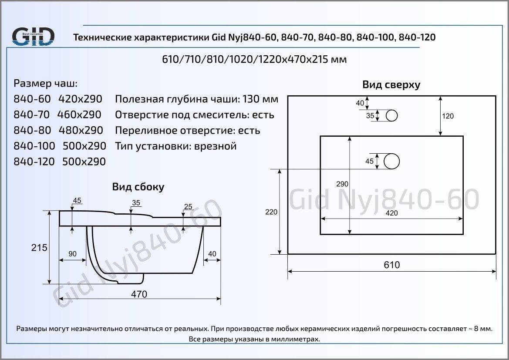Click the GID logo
pos(33,36)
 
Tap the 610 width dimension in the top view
pos(392,265)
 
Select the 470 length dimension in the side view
pos(139,294)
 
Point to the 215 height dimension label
pos(39,248)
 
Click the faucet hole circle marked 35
pos(392,115)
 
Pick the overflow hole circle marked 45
pos(391,161)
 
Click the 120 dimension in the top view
pos(448,116)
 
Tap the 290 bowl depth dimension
pos(342,184)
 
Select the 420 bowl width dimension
pos(391,213)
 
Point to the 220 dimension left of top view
pos(271,212)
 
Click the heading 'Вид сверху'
pos(391,85)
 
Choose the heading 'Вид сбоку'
pos(138,187)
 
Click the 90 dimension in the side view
pos(72,253)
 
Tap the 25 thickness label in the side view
pos(188,206)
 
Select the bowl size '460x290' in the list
pos(79,114)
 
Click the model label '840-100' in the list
pos(34,146)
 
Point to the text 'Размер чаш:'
pos(45,84)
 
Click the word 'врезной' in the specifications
pos(215,146)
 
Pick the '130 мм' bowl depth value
pos(260,99)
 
